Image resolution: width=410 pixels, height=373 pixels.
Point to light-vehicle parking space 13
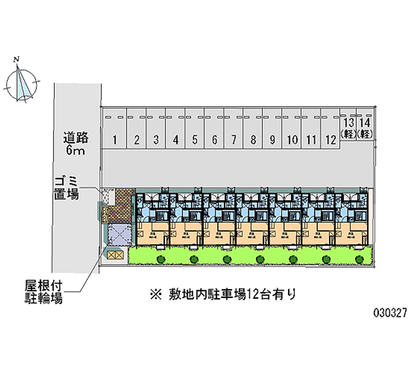pyautogui.click(x=348, y=127)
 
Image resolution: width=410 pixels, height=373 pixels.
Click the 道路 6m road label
pyautogui.click(x=76, y=144)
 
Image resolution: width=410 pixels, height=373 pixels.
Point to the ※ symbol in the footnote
pyautogui.click(x=153, y=295)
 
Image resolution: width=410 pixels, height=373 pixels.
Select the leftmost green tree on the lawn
pyautogui.click(x=161, y=259)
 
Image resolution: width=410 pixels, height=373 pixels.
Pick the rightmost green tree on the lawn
pyautogui.click(x=359, y=259)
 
